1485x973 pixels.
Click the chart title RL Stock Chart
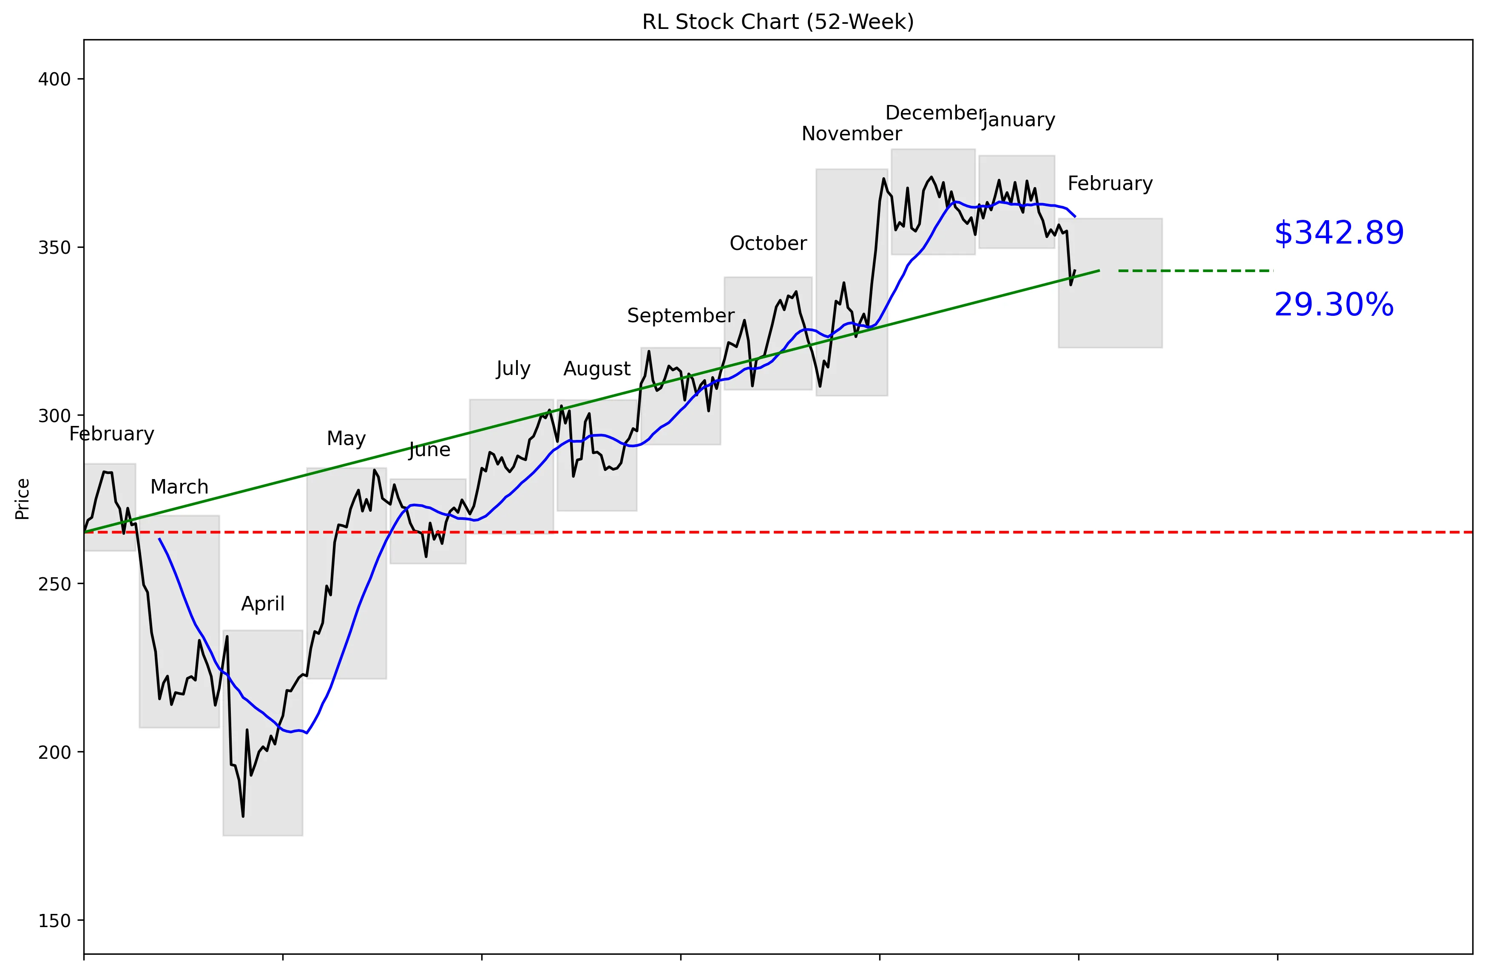tap(778, 22)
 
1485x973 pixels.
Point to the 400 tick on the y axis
tap(54, 79)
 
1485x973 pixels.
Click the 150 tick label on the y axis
tap(54, 921)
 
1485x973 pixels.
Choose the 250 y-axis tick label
tap(54, 584)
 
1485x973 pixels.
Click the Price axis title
tap(23, 499)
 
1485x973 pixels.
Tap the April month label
tap(263, 604)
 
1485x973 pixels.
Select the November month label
tap(851, 134)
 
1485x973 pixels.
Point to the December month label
tap(935, 113)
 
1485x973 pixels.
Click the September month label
tap(680, 315)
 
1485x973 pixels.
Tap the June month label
tap(429, 450)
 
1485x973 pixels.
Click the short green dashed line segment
tap(1195, 271)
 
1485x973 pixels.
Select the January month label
tap(1018, 120)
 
